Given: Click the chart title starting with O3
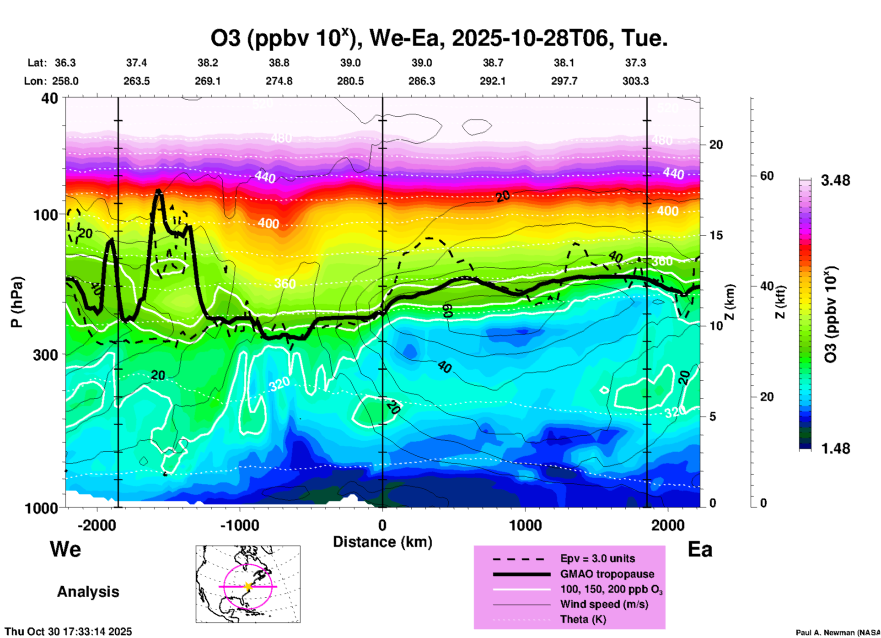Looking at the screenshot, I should pos(439,38).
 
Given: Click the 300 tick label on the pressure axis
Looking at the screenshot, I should pos(45,355).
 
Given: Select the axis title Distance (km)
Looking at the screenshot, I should pos(382,542).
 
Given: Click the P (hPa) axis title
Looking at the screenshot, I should pos(17,302).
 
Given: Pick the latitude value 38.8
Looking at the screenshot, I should pos(279,63).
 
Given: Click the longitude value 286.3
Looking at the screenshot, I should pos(422,81).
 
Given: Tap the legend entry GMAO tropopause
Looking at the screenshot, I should pos(607,574).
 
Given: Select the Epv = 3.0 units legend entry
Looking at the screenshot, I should pos(597,558).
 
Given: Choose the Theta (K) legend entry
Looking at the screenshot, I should pos(583,619).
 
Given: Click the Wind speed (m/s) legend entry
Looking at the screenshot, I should pos(604,604).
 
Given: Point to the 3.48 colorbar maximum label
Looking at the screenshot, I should pos(835,180).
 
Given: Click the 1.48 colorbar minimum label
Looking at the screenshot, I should pos(835,448).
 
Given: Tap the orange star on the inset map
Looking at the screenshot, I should pos(248,586).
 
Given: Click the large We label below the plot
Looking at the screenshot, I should pos(65,549).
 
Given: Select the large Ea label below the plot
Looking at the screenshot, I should pos(700,549).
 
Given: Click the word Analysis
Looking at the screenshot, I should pos(88,591).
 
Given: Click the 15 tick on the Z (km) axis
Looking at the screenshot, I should pos(716,235).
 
